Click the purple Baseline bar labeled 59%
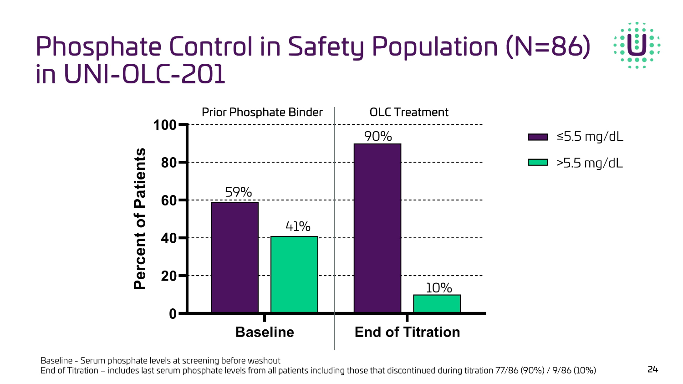click(x=234, y=257)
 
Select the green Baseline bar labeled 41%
click(x=294, y=274)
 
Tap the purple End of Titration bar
click(x=377, y=228)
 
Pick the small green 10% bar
click(x=437, y=304)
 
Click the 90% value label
click(x=378, y=136)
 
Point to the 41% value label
click(x=298, y=226)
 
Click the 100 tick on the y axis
click(x=164, y=125)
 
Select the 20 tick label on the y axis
click(x=168, y=276)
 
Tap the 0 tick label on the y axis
click(x=173, y=314)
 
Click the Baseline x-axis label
click(x=265, y=332)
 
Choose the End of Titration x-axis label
click(x=407, y=332)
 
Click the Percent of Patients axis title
click(x=140, y=219)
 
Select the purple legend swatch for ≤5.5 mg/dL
click(x=537, y=137)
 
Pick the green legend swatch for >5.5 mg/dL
click(x=537, y=163)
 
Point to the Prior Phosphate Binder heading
click(x=262, y=112)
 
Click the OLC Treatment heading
click(x=409, y=112)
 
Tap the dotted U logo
click(x=637, y=45)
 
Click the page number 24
click(x=652, y=369)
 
